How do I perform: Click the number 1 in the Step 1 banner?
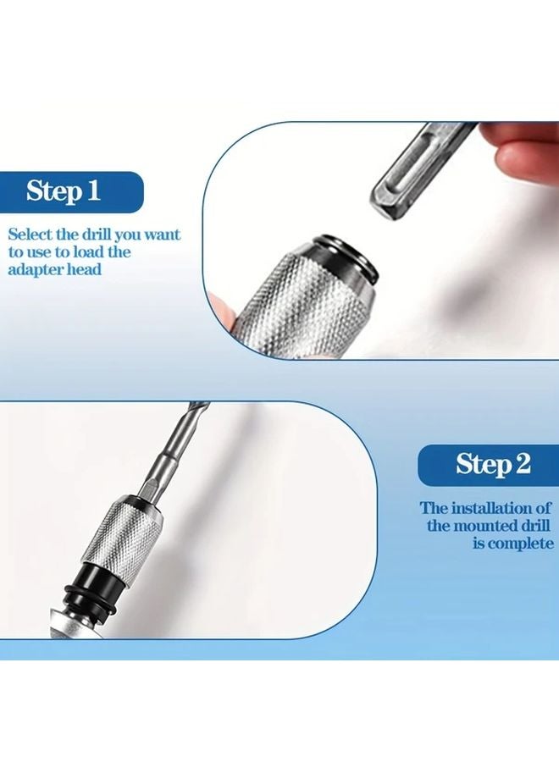[x=92, y=190]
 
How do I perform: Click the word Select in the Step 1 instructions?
[x=31, y=235]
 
